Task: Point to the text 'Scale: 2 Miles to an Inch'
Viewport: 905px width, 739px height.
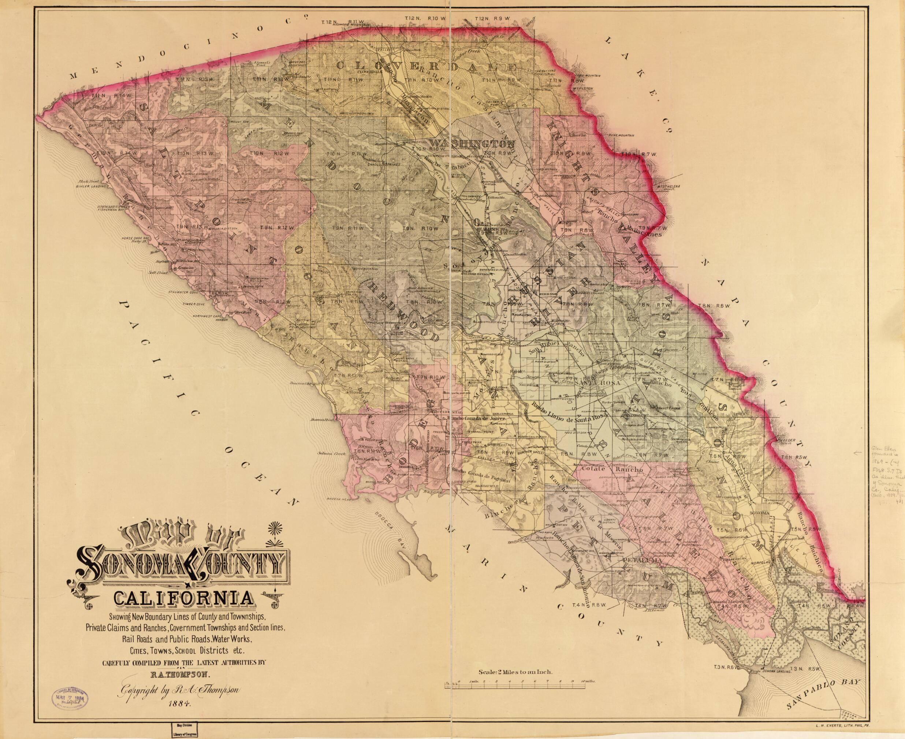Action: [x=515, y=660]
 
